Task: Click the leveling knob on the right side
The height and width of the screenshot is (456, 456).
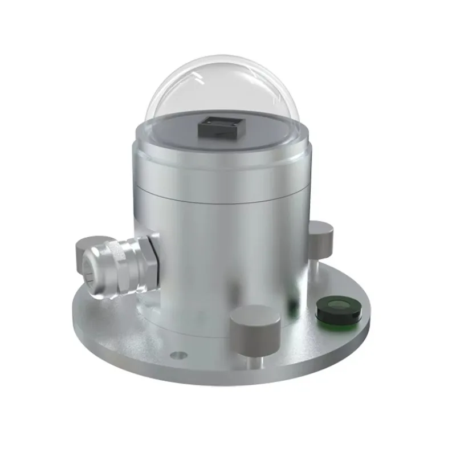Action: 321,236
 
